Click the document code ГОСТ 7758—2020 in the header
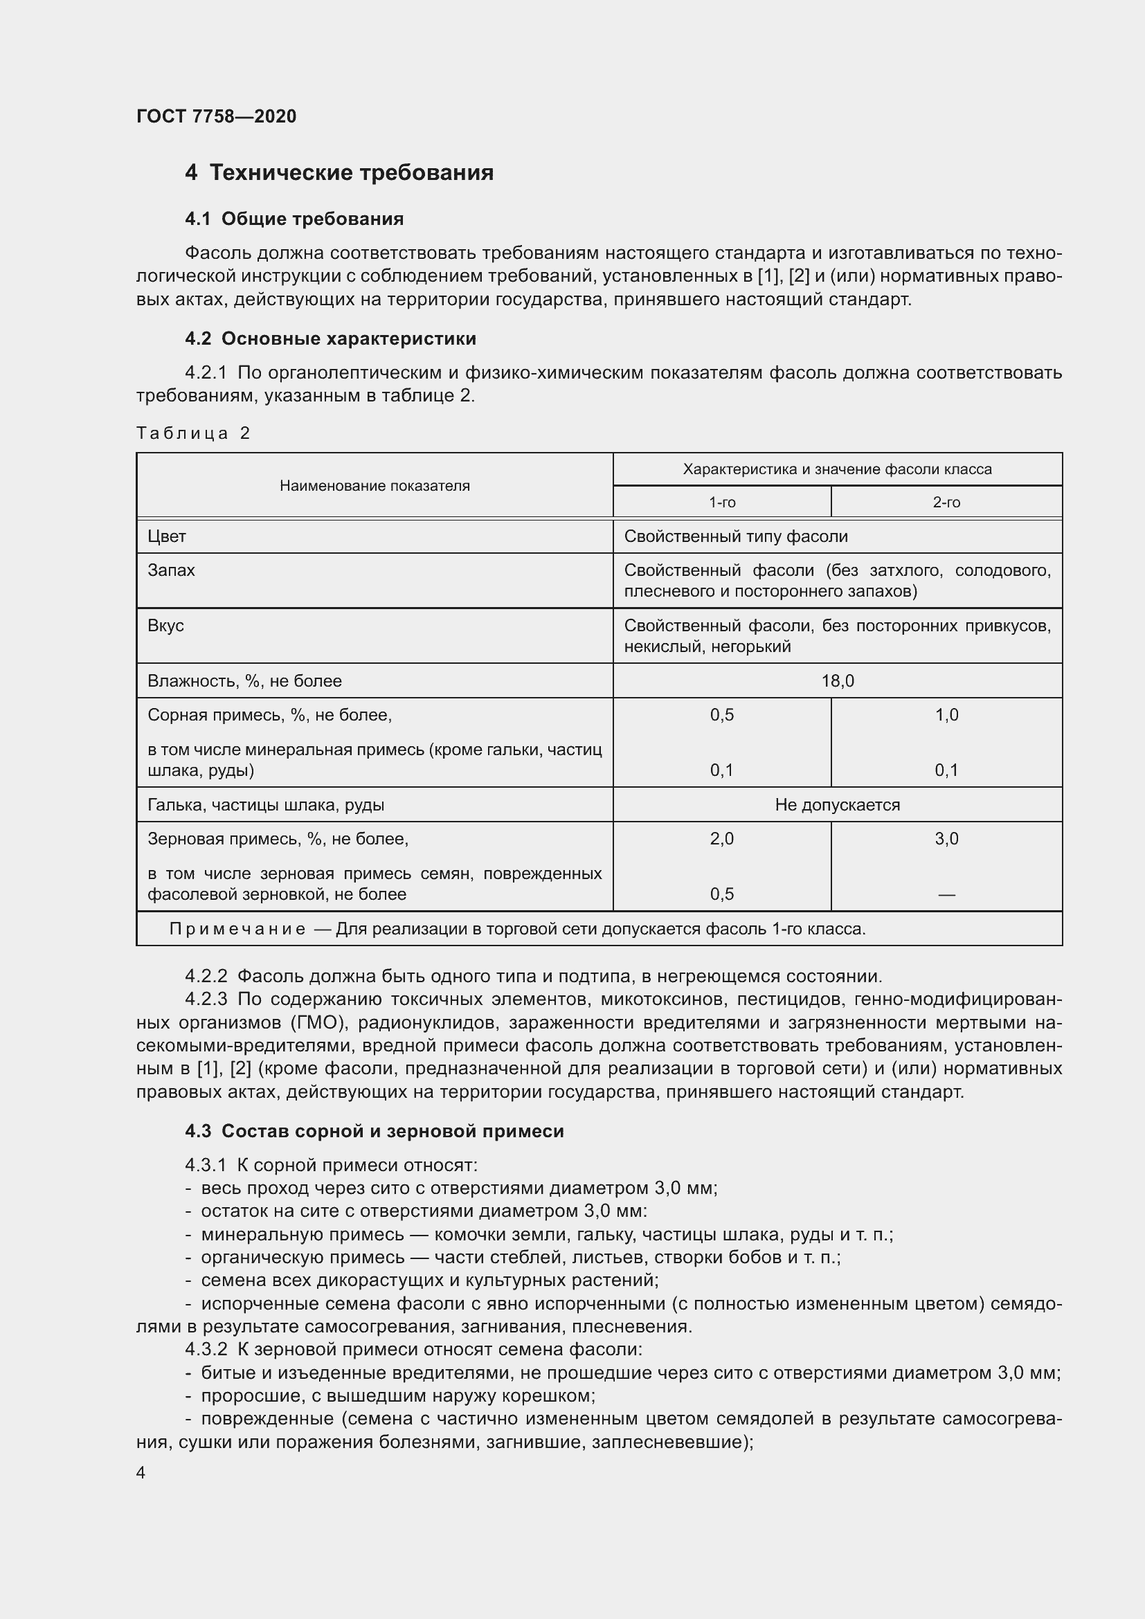[x=216, y=116]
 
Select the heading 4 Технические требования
[x=339, y=173]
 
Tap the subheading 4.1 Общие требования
[x=294, y=219]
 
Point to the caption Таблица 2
[x=193, y=433]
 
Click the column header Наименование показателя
[x=375, y=486]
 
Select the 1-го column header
[x=721, y=503]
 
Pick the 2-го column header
[x=946, y=503]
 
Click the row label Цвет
[x=167, y=536]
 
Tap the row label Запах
[x=171, y=570]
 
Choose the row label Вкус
[x=165, y=626]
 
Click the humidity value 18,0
[x=837, y=681]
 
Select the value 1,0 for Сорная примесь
[x=946, y=715]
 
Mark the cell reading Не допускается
[x=837, y=805]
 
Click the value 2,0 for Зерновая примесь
[x=721, y=839]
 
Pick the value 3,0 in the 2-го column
[x=946, y=839]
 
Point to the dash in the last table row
[x=946, y=895]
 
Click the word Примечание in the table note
[x=237, y=930]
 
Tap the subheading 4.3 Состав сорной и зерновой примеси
[x=375, y=1132]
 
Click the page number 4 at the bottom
[x=141, y=1473]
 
